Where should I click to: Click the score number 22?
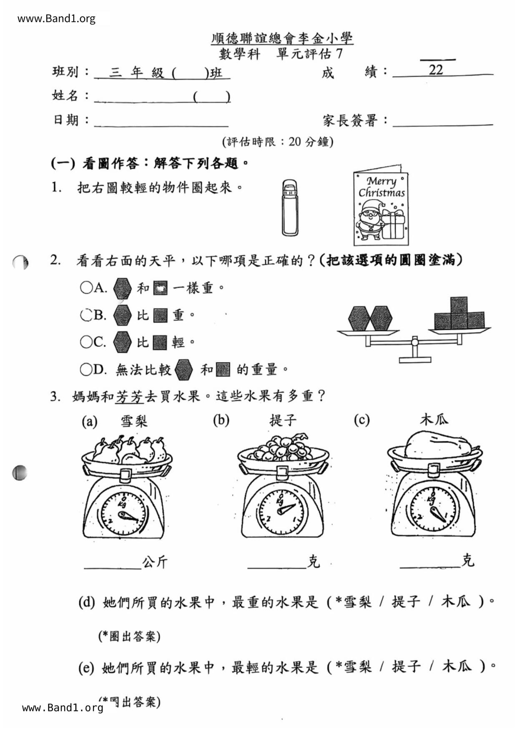(436, 69)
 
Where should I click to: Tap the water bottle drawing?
(290, 208)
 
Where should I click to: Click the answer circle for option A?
(86, 288)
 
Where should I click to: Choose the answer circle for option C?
(86, 342)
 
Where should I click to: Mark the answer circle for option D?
(86, 369)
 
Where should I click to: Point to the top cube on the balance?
(459, 305)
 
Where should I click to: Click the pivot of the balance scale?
(414, 342)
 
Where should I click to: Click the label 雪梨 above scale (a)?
(134, 421)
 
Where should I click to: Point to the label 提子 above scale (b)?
(283, 420)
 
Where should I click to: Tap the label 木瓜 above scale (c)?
(434, 419)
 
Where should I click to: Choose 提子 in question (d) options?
(406, 602)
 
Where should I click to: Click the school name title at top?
(282, 39)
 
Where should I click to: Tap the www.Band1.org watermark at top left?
(56, 19)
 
